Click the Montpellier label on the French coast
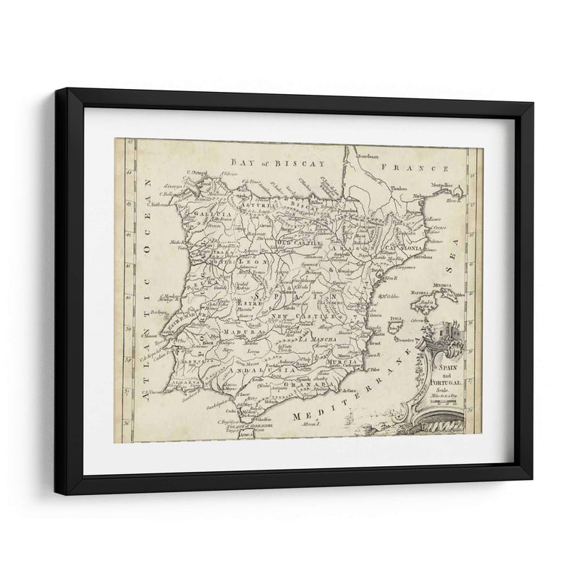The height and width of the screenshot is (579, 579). [447, 186]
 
